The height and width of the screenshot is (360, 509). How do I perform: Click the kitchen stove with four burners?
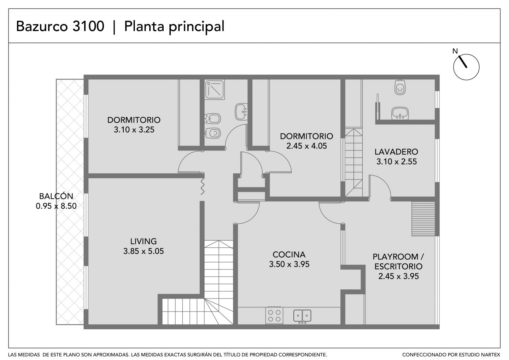pos(274,315)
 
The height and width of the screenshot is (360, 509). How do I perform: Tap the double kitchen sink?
pos(302,316)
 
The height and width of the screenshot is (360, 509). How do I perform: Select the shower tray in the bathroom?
pos(215,89)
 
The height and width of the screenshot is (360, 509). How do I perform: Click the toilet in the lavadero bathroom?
pos(400,87)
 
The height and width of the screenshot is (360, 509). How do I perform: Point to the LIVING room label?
pos(144,241)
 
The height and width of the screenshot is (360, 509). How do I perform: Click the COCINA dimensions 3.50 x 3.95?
pos(289,264)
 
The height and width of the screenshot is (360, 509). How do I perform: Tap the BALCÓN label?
pos(56,196)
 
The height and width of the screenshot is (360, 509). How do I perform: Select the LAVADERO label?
pos(396,152)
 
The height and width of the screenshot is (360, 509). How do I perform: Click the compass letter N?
pos(455,51)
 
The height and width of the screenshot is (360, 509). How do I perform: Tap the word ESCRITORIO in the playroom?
pos(398,266)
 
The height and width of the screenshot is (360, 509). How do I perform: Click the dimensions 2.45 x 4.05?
pos(306,146)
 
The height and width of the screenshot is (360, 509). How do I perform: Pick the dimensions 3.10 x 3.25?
pos(134,130)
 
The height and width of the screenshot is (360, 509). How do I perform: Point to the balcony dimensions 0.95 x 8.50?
pos(56,206)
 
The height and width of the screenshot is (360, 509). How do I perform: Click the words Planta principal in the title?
pos(174,27)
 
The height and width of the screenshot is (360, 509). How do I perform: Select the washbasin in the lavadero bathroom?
pos(400,113)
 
